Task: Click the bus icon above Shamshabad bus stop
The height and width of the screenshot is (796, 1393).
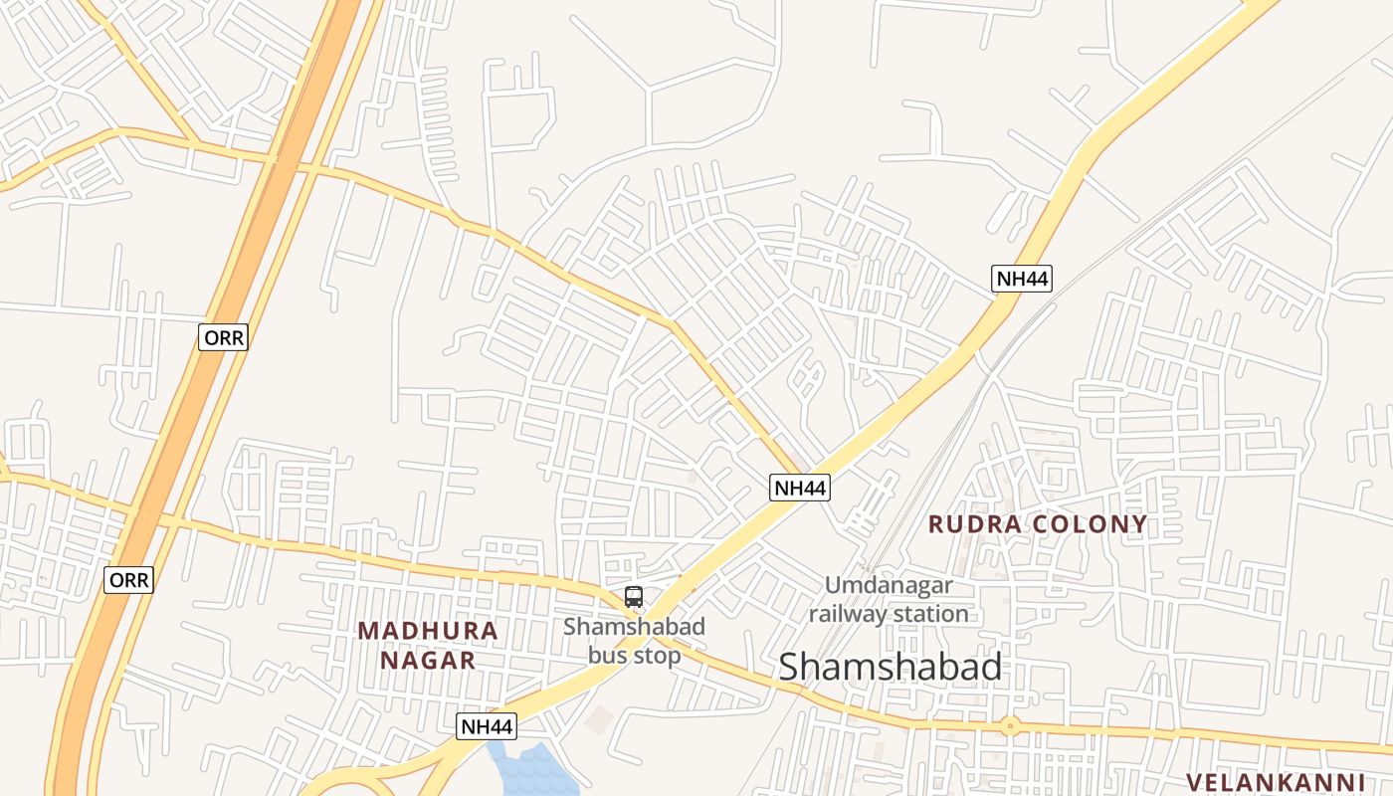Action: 634,597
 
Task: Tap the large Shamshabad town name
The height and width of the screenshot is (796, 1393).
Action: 890,667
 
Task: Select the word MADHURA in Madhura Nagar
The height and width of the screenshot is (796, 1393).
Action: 428,631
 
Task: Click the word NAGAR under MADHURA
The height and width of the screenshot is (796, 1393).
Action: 429,661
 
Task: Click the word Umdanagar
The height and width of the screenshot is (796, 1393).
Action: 889,586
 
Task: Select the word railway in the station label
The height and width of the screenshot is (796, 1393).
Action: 845,614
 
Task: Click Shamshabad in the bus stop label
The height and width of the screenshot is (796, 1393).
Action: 634,627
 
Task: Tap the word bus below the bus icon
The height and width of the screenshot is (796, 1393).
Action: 607,656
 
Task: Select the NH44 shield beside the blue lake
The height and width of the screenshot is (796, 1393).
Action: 488,726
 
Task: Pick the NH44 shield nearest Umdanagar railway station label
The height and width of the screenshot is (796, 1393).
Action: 799,488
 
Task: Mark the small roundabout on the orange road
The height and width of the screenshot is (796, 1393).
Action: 1011,725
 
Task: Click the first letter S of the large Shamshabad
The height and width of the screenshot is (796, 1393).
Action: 790,667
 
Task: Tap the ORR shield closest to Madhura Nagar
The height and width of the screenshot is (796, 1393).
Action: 129,580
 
